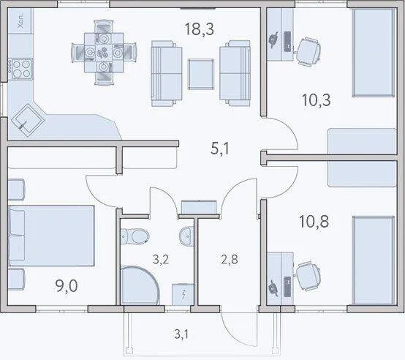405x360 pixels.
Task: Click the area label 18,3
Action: [200, 29]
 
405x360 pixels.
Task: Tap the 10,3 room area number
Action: [316, 100]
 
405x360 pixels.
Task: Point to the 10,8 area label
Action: [314, 222]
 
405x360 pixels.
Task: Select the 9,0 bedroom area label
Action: [67, 286]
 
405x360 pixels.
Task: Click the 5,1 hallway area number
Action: [220, 149]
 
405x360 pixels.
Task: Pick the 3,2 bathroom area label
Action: [161, 260]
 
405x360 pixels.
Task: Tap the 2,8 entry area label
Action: [230, 260]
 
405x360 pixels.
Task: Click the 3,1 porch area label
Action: [181, 334]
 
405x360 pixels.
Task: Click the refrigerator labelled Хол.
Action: [20, 20]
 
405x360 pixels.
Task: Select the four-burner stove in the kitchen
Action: [20, 69]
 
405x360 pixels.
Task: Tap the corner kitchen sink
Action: [28, 120]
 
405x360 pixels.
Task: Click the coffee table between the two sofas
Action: [201, 74]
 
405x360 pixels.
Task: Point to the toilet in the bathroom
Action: [135, 236]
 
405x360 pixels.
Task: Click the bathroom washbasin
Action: [186, 236]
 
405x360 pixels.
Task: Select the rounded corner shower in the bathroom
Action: [140, 285]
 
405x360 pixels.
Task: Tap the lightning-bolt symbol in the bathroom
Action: [183, 295]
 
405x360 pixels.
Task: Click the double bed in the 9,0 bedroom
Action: [51, 236]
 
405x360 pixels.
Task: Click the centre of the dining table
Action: [104, 53]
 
